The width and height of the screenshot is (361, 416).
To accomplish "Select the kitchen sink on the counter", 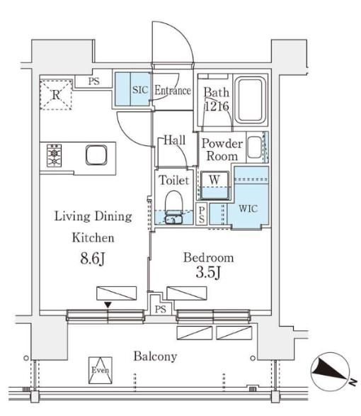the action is [x=96, y=154].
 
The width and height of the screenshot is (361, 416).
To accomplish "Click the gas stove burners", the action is [x=54, y=155].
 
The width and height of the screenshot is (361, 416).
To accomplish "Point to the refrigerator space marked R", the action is [x=56, y=94].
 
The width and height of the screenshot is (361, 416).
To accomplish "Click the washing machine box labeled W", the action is [x=214, y=185].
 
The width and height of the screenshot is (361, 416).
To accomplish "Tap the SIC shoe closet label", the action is [x=140, y=90].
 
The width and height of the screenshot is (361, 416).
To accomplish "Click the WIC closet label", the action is [x=248, y=208].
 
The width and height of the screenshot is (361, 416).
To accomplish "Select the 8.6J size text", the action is [x=93, y=259].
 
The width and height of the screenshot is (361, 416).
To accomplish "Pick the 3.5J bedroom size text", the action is [x=208, y=272].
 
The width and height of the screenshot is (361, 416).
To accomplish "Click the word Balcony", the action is [x=155, y=356].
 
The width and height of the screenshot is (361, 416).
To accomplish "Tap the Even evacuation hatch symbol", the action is [x=101, y=371].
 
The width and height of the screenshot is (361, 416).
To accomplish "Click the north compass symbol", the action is [x=331, y=371].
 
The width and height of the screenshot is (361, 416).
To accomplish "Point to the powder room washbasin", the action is [x=255, y=147].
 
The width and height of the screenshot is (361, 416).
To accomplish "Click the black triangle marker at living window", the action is [x=108, y=305].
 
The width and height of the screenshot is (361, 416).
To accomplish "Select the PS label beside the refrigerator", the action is [x=94, y=81].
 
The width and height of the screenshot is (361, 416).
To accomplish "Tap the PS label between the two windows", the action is [x=161, y=310].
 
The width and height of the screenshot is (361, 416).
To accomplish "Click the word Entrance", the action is [x=173, y=91].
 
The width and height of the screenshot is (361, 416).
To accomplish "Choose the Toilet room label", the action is [x=174, y=181].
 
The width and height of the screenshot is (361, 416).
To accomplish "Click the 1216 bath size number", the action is [x=217, y=106].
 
